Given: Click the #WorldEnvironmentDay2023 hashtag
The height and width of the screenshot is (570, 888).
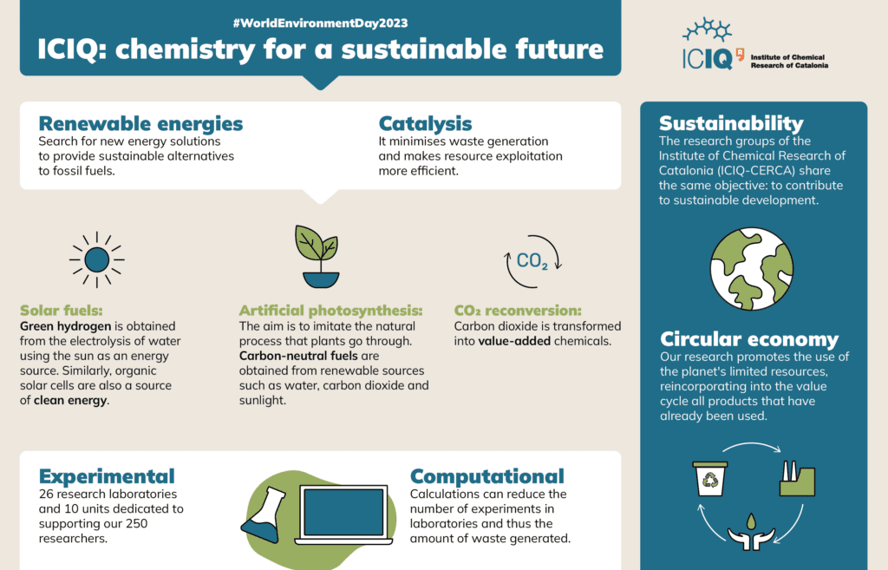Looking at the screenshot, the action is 320,23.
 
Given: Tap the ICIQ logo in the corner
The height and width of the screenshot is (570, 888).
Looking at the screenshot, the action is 755,44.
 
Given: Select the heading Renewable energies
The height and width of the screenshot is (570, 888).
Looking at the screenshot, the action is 140,123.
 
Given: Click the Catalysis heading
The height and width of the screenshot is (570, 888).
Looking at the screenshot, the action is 425,123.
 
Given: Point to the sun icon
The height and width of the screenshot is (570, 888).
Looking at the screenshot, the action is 97,260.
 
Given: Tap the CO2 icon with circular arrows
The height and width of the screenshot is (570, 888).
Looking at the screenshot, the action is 532,261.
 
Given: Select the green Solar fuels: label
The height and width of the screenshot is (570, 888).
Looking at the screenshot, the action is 62,311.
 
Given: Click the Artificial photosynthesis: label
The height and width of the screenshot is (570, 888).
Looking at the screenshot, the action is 330,311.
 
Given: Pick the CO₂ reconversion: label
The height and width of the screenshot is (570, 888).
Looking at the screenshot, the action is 518,311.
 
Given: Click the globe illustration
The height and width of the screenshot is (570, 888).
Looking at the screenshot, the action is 752,269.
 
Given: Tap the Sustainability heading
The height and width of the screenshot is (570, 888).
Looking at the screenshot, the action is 731,123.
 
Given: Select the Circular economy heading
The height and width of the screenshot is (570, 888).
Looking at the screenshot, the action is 749,339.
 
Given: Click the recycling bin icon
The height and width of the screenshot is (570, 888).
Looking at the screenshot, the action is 709,479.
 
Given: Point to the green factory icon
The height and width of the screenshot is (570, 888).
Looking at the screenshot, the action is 798,479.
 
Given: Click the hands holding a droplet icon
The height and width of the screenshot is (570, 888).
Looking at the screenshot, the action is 751,532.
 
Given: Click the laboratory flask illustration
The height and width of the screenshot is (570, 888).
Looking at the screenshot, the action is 263,514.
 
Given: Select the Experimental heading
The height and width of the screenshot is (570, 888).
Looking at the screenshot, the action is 107,476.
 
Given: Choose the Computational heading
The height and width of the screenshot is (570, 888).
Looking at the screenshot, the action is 487,476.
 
